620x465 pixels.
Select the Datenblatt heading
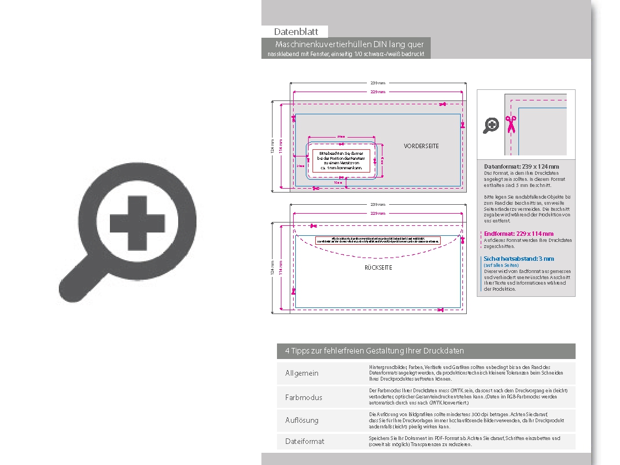295,32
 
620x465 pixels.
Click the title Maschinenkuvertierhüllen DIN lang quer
349,44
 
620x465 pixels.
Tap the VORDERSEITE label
421,146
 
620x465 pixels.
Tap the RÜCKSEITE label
379,267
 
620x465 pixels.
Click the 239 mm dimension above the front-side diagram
376,83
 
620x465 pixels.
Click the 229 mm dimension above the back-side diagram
378,213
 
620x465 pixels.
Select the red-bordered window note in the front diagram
341,160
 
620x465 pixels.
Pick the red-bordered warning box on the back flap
378,240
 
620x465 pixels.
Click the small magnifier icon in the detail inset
491,125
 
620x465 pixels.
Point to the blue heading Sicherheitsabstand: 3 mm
518,259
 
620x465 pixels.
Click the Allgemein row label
301,373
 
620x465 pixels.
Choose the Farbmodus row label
303,397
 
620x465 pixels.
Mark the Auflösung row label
301,420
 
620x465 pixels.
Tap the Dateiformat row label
304,441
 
